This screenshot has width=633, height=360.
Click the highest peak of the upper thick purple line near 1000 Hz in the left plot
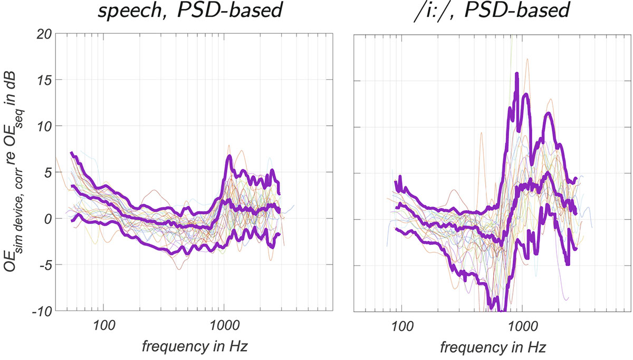(229, 156)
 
